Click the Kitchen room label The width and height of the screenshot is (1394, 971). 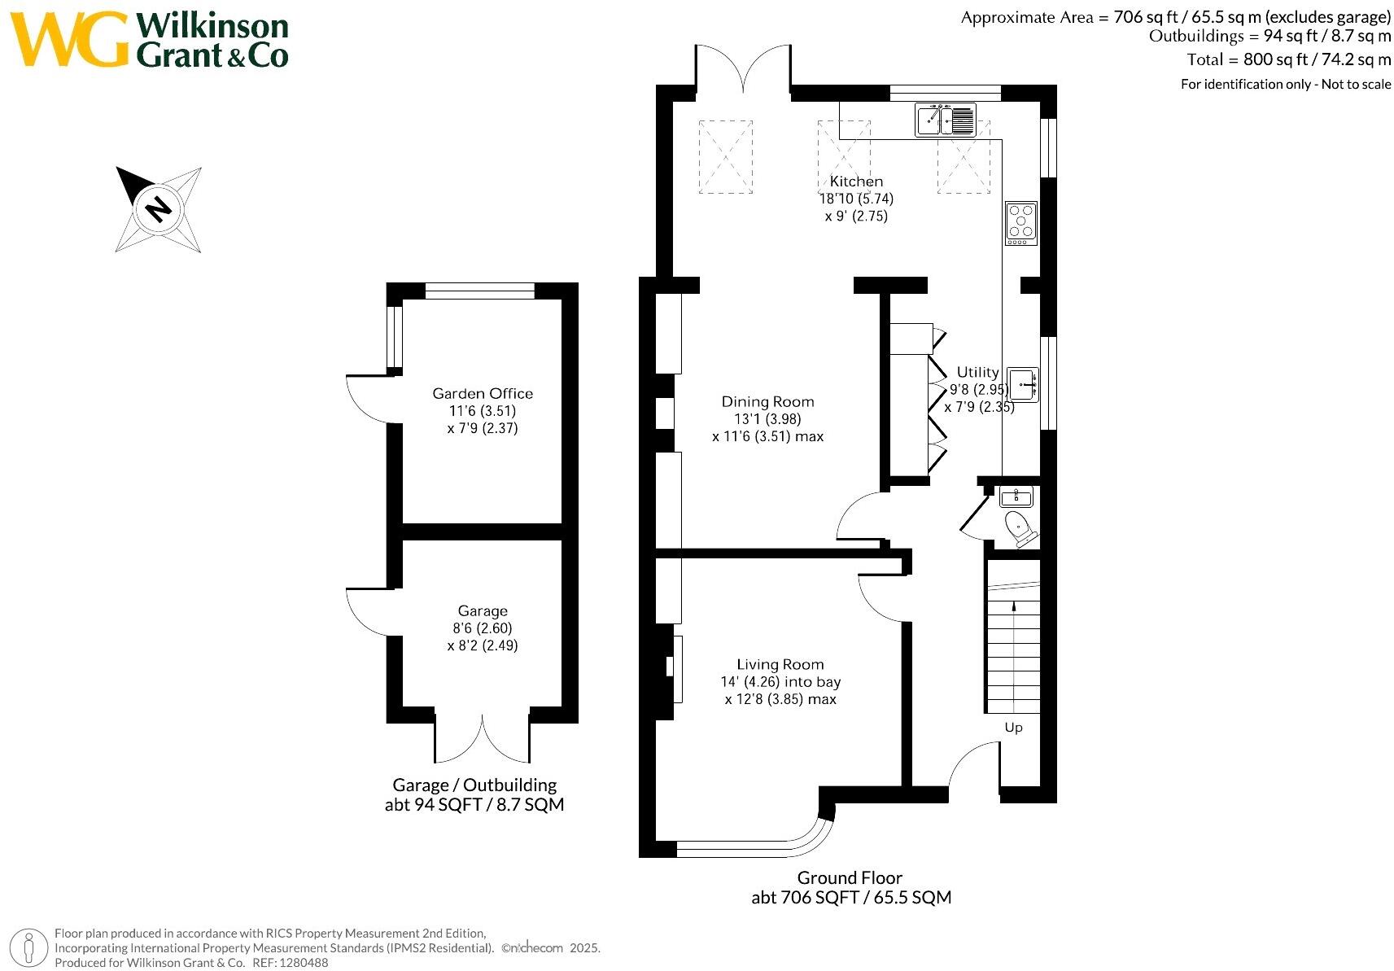[856, 182]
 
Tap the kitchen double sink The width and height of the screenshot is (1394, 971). [946, 120]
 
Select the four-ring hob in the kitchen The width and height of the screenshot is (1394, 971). [1020, 223]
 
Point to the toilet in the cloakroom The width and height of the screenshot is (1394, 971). [1020, 528]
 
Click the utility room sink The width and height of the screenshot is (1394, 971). [1022, 385]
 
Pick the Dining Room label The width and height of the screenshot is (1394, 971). [767, 402]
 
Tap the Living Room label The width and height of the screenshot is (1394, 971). [780, 665]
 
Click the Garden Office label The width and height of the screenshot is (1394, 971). [483, 393]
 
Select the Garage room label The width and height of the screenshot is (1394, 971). [483, 610]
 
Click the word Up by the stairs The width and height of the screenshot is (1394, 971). [1013, 728]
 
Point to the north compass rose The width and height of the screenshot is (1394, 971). [159, 209]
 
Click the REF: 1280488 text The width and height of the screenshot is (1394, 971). [290, 963]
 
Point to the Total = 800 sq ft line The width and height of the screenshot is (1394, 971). [1289, 59]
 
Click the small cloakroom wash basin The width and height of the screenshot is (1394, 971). [1016, 496]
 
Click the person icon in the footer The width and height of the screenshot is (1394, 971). [28, 947]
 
